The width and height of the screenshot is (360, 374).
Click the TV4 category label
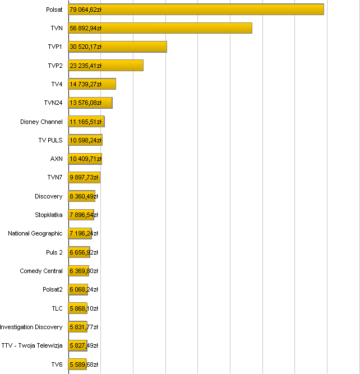pos(57,84)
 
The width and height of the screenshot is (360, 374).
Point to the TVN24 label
pos(53,103)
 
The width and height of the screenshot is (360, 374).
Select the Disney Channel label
pos(41,122)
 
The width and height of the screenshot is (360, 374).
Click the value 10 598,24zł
pos(86,140)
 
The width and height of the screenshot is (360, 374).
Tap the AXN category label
pos(56,159)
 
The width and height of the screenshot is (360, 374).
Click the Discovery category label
pos(49,196)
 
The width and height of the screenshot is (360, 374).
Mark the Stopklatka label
pos(49,215)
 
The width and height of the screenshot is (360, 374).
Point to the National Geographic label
pos(35,233)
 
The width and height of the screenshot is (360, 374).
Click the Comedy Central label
pos(41,271)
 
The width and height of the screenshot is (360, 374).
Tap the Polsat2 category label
pos(53,289)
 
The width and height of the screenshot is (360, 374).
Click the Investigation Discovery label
pos(31,327)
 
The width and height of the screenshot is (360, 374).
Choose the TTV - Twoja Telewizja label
pos(32,345)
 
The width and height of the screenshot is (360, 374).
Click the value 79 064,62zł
pos(86,10)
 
